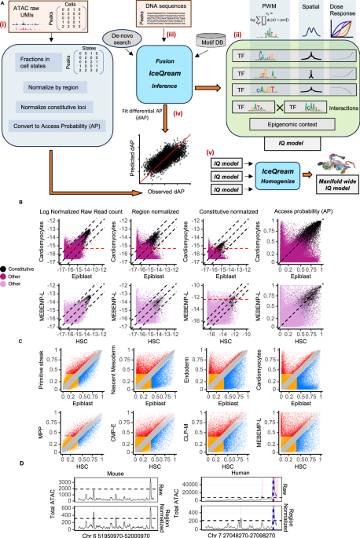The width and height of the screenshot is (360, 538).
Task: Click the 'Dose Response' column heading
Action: tap(340, 10)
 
